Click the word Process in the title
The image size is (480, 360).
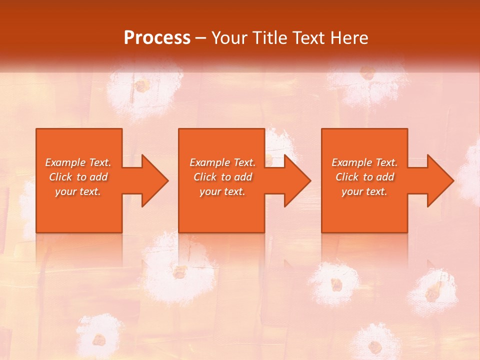[x=157, y=38]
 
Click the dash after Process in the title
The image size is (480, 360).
[x=200, y=38]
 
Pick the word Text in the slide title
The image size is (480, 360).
[x=309, y=38]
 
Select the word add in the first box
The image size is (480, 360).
[x=98, y=177]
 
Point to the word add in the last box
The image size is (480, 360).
[x=385, y=177]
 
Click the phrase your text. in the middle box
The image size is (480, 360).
[x=222, y=191]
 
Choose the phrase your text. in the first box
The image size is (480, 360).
[x=78, y=191]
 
